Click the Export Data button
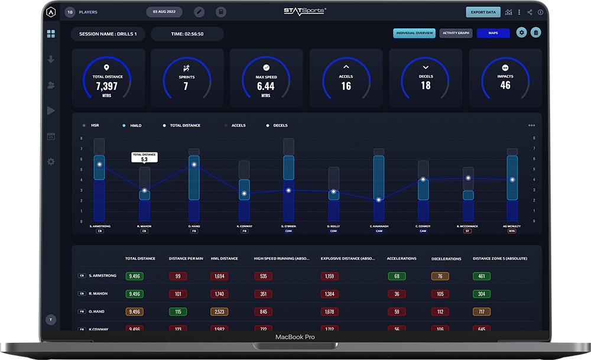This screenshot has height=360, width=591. pyautogui.click(x=483, y=12)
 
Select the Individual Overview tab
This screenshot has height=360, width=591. pyautogui.click(x=414, y=33)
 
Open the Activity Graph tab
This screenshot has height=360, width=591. pyautogui.click(x=456, y=33)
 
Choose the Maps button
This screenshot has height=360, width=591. pyautogui.click(x=493, y=33)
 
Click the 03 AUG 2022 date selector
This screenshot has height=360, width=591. pyautogui.click(x=164, y=12)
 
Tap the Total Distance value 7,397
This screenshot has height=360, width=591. pyautogui.click(x=106, y=86)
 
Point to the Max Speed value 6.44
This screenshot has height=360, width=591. pyautogui.click(x=266, y=86)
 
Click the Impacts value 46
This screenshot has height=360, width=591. pyautogui.click(x=505, y=85)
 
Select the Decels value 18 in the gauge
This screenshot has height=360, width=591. pyautogui.click(x=426, y=85)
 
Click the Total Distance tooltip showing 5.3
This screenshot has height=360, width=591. pyautogui.click(x=144, y=157)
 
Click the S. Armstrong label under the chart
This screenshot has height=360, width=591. pyautogui.click(x=99, y=226)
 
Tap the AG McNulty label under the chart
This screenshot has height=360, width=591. pyautogui.click(x=512, y=226)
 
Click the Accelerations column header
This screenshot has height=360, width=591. pyautogui.click(x=401, y=258)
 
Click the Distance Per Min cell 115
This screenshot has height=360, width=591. pyautogui.click(x=177, y=312)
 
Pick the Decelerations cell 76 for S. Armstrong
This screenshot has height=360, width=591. pyautogui.click(x=440, y=276)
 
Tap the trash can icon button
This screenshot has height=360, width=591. pyautogui.click(x=535, y=33)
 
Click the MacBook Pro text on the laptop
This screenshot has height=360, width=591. pyautogui.click(x=295, y=337)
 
